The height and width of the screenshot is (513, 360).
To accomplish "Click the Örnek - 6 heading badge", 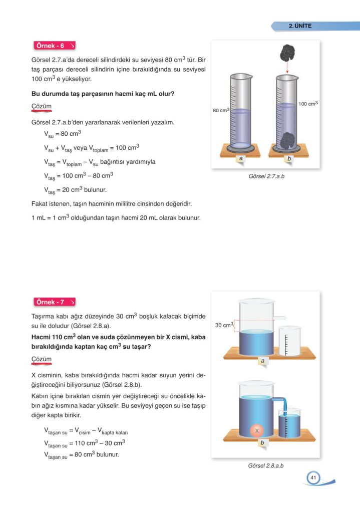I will click(x=54, y=46).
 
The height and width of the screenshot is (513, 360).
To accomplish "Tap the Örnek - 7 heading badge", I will click(x=54, y=303).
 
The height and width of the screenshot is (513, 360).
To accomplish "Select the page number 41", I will click(x=313, y=478).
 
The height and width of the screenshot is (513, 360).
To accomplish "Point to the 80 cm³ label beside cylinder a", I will click(x=220, y=111).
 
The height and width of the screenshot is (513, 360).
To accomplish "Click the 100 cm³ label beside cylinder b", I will click(x=308, y=104).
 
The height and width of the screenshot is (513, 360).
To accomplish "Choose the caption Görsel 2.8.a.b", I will click(x=266, y=466).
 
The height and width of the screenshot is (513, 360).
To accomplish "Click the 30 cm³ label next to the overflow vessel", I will click(x=224, y=325).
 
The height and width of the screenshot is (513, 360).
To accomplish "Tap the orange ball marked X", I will click(x=256, y=430).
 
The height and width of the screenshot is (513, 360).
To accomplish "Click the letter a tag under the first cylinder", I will click(x=241, y=158).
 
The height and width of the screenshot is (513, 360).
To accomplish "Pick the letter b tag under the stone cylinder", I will click(x=289, y=158).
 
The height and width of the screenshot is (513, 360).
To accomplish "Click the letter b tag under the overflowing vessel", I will click(x=262, y=443).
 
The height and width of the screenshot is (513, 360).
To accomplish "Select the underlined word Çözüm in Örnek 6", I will click(x=41, y=107).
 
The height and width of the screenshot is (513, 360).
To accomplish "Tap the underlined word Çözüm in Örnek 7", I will click(x=41, y=359).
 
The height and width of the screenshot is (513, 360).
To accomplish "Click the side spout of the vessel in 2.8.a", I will click(x=280, y=318).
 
